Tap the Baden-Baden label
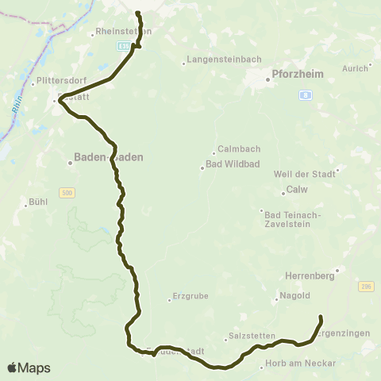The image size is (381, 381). coord(109,157)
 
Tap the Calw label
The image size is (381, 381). coord(297,190)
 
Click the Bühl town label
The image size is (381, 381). coord(37,203)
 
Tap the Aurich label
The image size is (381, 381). coord(355,68)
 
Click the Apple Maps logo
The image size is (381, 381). coord(29,368)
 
